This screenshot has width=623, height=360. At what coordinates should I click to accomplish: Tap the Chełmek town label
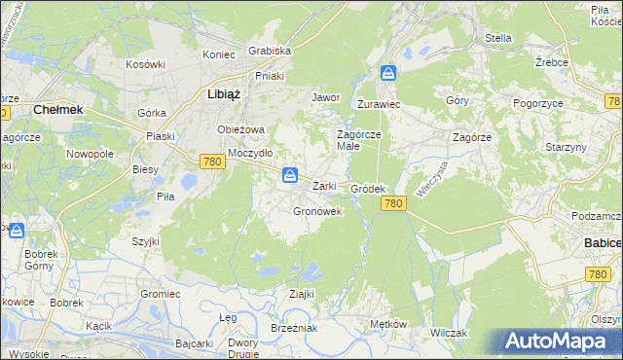(58, 111)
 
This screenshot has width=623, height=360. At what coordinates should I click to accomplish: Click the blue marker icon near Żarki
(289, 175)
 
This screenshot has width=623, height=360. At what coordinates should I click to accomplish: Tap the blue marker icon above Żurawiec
(387, 74)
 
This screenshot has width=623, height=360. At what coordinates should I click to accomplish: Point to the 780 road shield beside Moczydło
(214, 162)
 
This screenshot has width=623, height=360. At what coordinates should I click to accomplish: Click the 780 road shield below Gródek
(393, 202)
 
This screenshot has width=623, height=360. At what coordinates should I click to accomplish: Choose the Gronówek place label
(317, 210)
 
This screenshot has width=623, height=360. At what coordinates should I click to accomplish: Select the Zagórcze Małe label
(361, 140)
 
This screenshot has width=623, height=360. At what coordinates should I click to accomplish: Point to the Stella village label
(498, 39)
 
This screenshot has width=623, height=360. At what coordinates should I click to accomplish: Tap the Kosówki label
(146, 64)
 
